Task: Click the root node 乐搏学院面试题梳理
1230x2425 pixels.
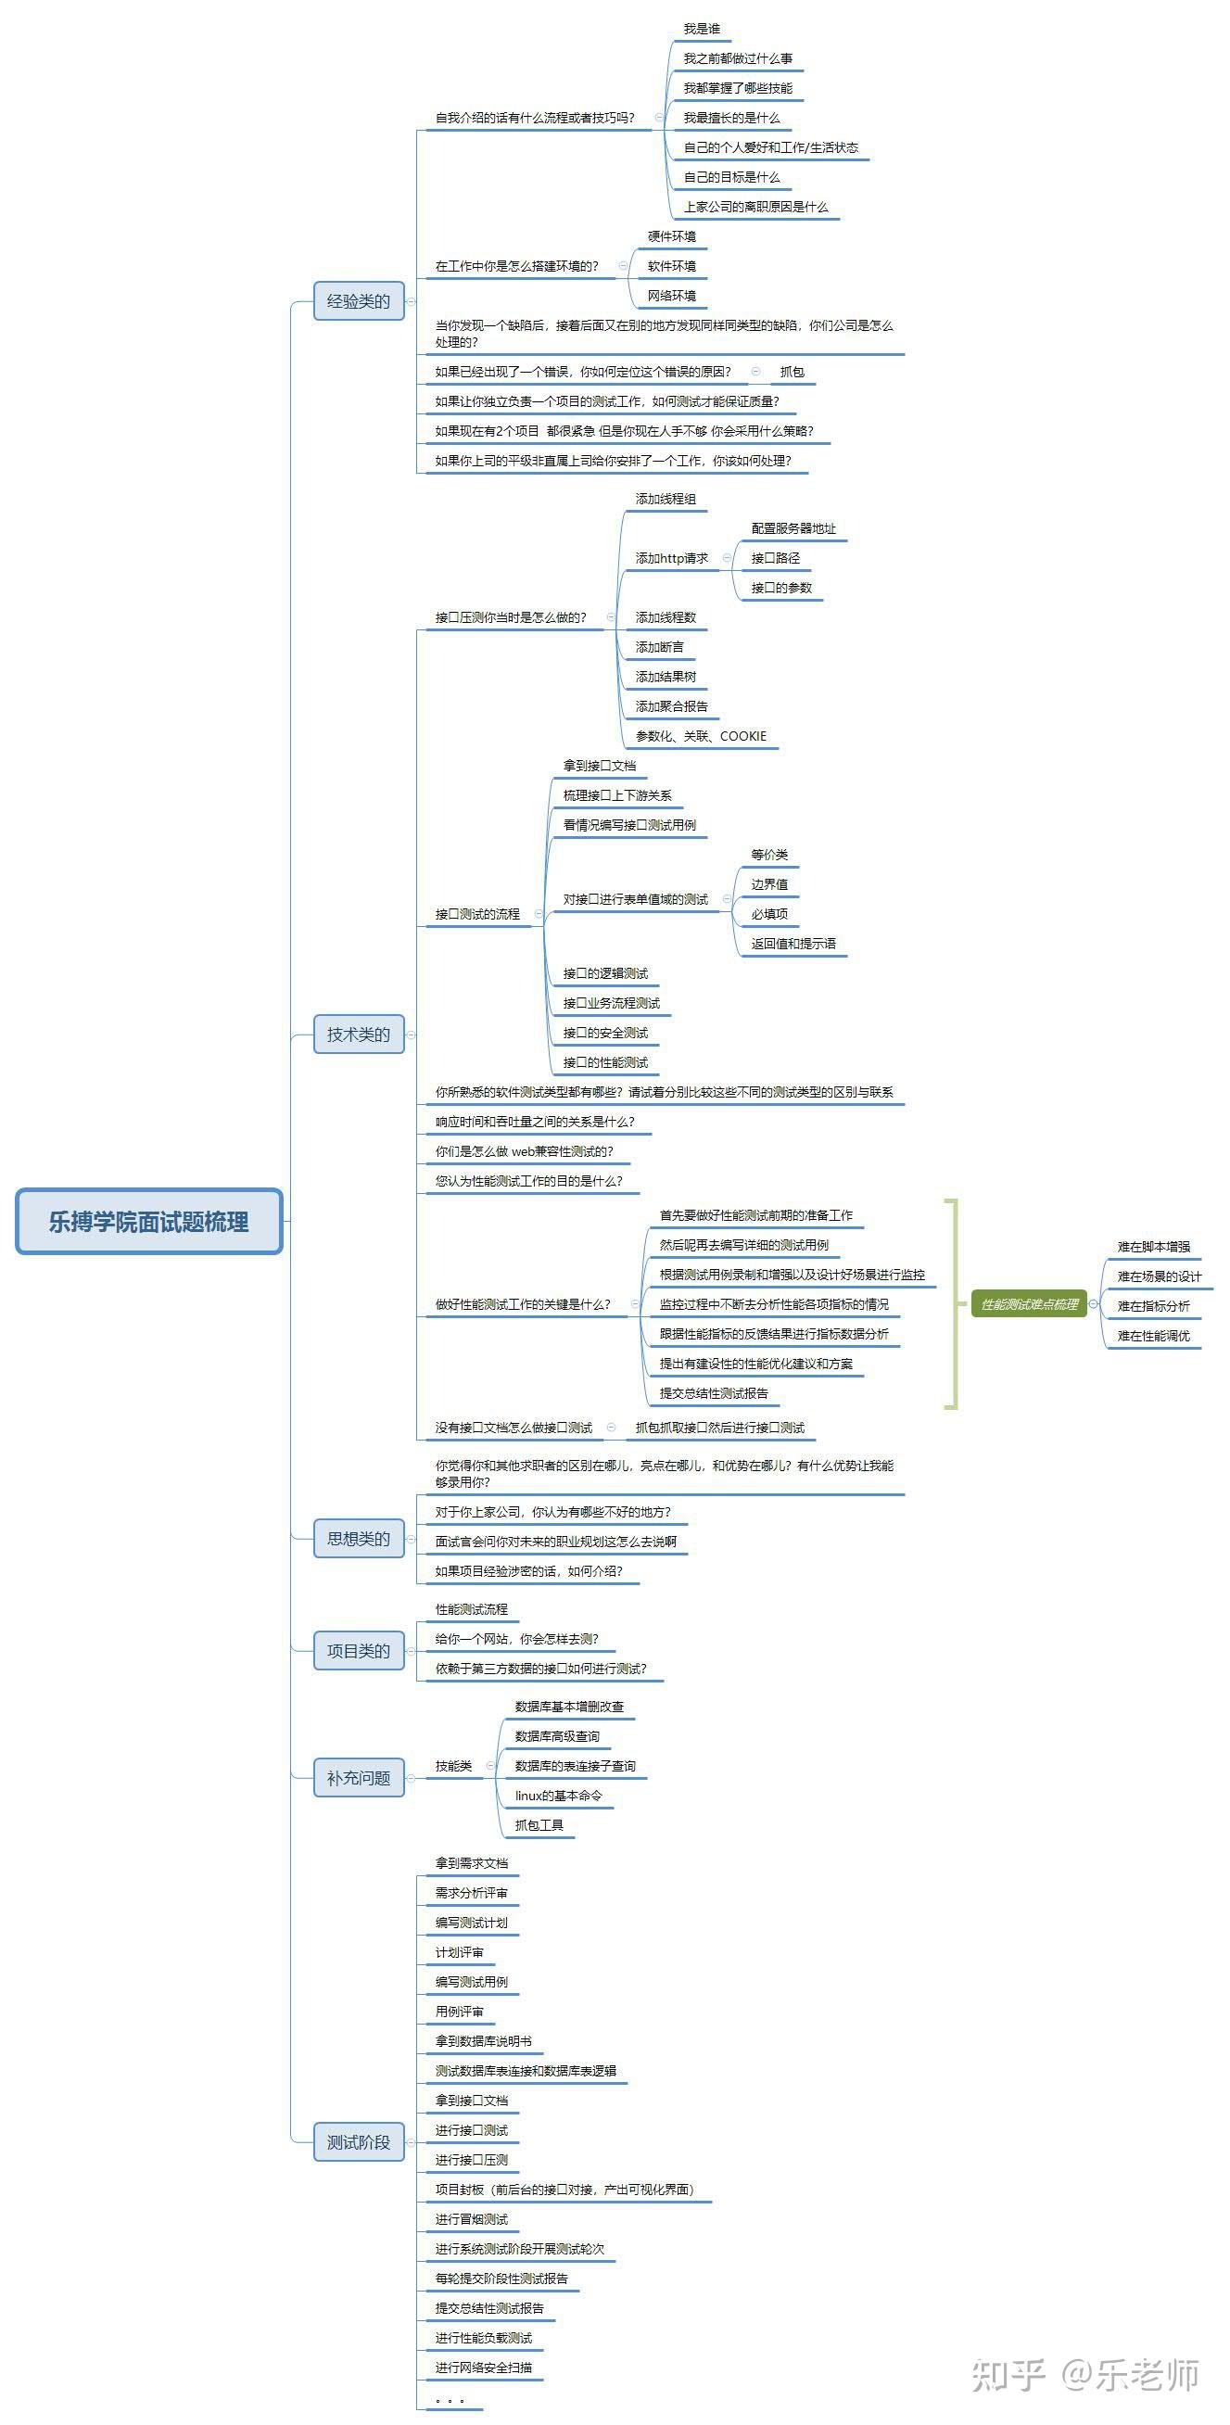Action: pos(148,1221)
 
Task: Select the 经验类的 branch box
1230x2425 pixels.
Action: pos(359,301)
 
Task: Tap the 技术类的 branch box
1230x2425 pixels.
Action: pos(359,1035)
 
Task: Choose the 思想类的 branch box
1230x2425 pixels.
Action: pos(359,1538)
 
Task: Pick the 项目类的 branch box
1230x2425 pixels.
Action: pos(359,1650)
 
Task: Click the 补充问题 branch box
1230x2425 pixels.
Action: pos(359,1777)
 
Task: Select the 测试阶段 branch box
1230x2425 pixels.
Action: pos(359,2141)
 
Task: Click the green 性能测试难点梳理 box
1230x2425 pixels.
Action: pos(1029,1304)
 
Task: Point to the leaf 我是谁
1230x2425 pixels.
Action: pos(701,29)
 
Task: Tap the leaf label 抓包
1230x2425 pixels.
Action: pos(793,372)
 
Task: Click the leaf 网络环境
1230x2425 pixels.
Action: pos(672,296)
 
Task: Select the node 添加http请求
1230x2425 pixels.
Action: pos(672,558)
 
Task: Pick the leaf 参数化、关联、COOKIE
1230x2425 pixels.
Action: pos(701,736)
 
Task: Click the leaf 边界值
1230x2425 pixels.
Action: pos(770,884)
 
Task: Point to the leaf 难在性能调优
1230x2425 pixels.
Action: pos(1154,1336)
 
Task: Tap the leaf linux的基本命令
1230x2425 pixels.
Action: pos(559,1796)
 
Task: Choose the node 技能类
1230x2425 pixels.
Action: pos(453,1766)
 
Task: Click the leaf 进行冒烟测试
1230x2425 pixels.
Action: pos(472,2219)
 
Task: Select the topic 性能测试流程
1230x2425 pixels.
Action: pos(472,1609)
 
